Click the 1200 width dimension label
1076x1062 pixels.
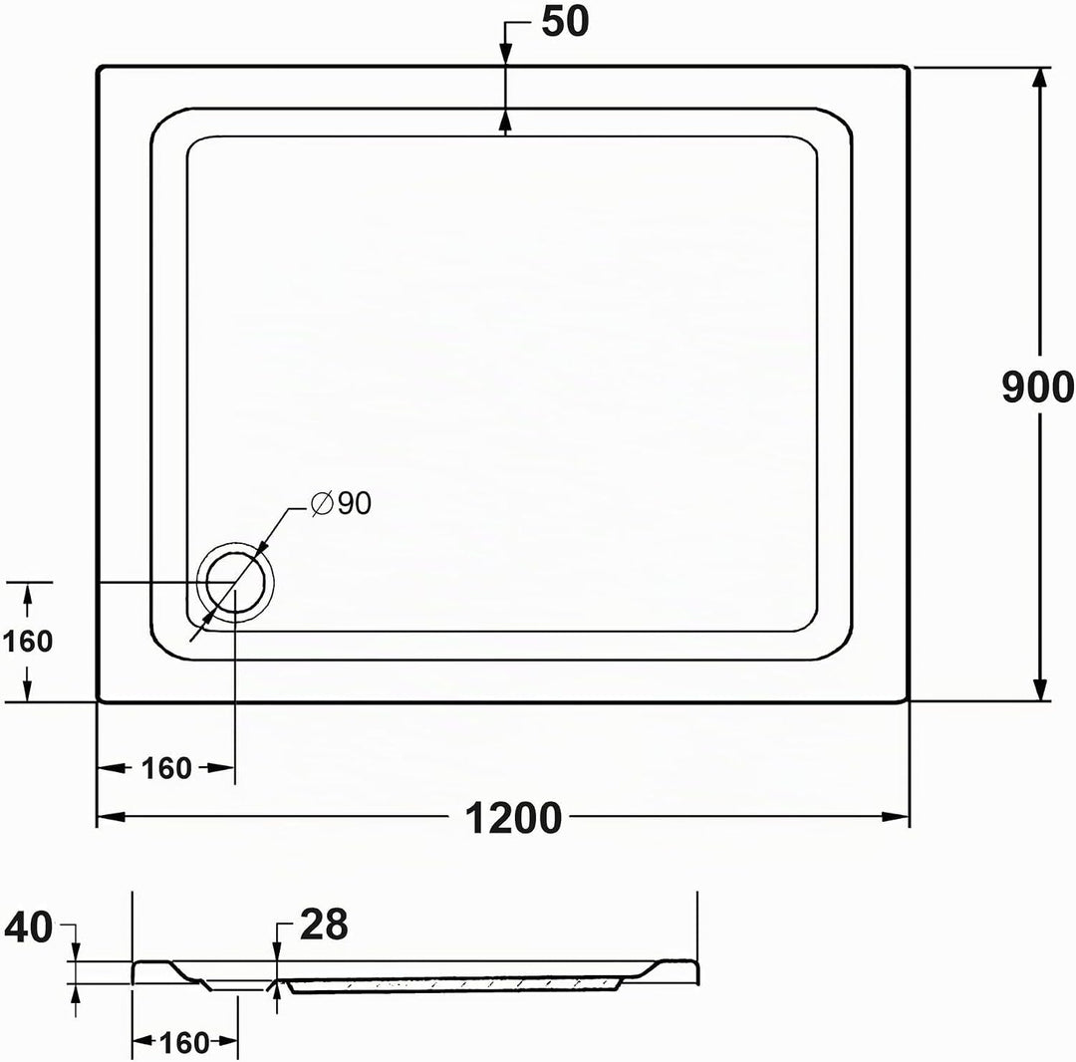point(513,818)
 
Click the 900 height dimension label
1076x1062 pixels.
point(1037,387)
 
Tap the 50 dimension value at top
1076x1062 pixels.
point(565,21)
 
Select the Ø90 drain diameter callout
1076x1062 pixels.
point(341,503)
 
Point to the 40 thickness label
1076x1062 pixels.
point(28,928)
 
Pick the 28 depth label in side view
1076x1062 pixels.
point(324,925)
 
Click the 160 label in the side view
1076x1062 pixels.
point(184,1043)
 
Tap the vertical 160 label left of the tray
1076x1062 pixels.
point(28,642)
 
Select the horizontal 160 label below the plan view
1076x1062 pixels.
point(166,768)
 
